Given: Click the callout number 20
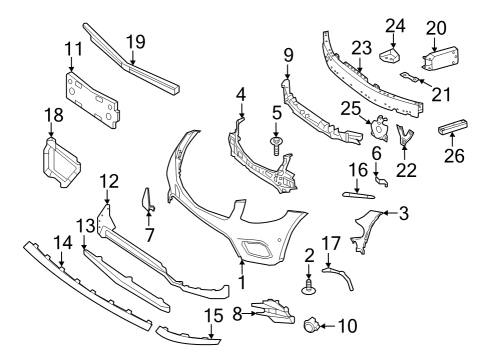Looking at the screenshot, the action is point(436,28).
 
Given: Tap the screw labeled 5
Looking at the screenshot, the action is point(276,146).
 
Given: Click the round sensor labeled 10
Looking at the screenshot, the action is point(311,324).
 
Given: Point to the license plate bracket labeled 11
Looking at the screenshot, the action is point(92,100).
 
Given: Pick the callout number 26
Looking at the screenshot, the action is point(454,155).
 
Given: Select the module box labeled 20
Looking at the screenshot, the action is point(440,58).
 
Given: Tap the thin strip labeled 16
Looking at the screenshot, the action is point(358,195).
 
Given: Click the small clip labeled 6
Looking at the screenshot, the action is point(381,181).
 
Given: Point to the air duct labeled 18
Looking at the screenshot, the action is point(60,162).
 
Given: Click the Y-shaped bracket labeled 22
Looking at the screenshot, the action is point(404,135).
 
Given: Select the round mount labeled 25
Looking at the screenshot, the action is point(378,127).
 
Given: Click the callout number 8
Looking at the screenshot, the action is point(237,314).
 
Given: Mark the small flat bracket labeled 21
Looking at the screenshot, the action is point(409,77).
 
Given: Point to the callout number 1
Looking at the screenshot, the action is point(242,282).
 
